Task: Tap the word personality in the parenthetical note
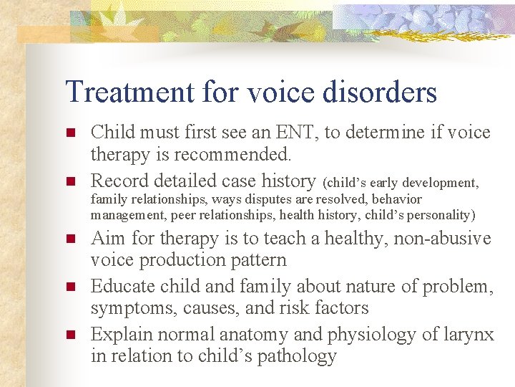pos(441,214)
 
